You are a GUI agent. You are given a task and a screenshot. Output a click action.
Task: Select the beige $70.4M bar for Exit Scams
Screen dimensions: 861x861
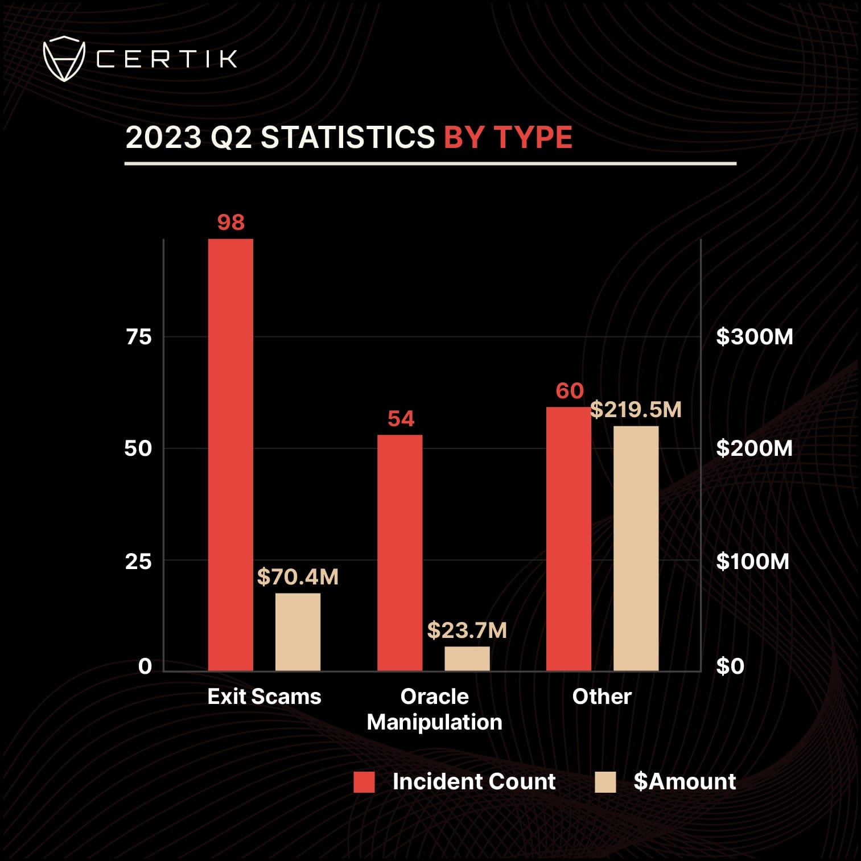(x=298, y=632)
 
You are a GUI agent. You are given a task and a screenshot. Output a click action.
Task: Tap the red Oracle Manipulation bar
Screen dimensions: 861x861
(x=399, y=553)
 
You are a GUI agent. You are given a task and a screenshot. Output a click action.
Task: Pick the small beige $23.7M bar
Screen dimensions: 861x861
(x=467, y=658)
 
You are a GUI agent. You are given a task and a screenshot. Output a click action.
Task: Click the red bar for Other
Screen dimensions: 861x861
(x=568, y=538)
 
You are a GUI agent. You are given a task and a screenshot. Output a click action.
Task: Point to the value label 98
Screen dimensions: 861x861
(x=230, y=222)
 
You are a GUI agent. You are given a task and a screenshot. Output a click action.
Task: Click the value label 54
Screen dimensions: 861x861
(x=401, y=419)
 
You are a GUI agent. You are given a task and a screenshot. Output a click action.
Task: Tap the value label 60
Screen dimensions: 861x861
(x=570, y=391)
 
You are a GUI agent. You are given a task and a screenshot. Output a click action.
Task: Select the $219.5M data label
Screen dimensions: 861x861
(x=636, y=410)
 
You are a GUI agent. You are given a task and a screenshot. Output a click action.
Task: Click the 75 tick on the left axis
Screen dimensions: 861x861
(x=139, y=337)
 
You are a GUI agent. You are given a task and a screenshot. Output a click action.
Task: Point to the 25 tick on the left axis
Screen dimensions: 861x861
(x=138, y=562)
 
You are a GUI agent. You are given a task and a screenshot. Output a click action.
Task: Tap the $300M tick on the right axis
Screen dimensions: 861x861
(x=754, y=337)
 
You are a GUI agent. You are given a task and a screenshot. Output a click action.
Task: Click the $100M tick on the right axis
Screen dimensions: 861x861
(x=752, y=562)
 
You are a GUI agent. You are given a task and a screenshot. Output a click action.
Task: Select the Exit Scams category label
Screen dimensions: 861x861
(x=264, y=697)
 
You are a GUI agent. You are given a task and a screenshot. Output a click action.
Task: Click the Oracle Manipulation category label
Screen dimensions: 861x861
(x=434, y=709)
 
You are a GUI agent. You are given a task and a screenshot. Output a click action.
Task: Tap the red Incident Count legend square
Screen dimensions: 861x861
(x=364, y=782)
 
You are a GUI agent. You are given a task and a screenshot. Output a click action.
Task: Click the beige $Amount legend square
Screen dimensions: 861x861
(x=605, y=782)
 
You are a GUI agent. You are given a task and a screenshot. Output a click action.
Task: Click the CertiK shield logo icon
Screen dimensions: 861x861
(x=64, y=59)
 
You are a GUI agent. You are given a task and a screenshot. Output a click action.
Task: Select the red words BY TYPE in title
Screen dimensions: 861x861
(x=508, y=137)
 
